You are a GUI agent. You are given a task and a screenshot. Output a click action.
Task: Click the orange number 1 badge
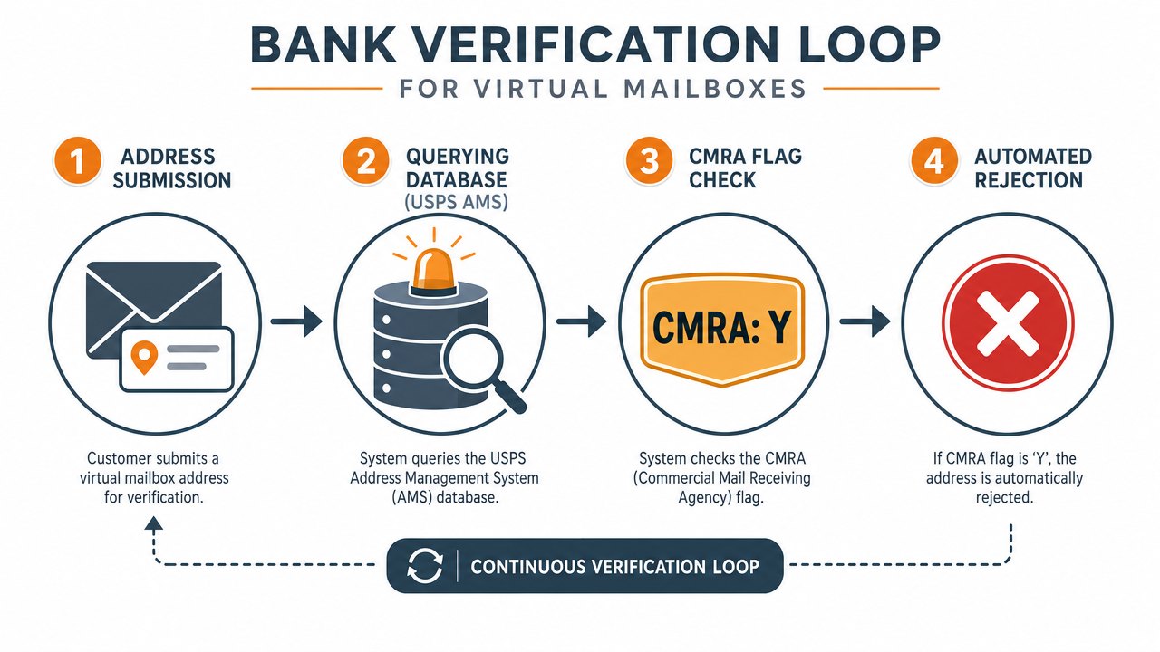coord(77,160)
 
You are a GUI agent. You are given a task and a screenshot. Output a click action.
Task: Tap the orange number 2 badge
coord(365,160)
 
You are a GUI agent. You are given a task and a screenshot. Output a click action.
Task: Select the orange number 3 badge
coord(650,160)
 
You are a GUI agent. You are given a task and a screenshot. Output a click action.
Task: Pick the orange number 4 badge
coord(934,160)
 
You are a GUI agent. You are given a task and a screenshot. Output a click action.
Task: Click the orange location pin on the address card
coord(144,357)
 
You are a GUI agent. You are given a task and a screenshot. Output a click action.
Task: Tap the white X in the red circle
coord(1008,323)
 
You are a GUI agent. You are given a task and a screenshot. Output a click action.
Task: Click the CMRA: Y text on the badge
coord(721,328)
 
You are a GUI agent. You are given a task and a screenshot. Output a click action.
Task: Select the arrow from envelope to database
coord(296,321)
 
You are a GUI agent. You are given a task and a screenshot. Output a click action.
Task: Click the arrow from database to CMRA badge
coord(581,321)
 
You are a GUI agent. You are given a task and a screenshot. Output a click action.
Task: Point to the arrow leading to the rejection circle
coord(865,321)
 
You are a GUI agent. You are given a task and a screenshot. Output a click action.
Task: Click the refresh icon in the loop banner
coord(425,566)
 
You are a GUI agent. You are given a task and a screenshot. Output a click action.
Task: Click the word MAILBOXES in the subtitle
coord(715,89)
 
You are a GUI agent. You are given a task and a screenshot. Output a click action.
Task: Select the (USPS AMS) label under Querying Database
coord(456,202)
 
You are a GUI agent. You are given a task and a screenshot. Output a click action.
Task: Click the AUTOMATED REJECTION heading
coord(1033,168)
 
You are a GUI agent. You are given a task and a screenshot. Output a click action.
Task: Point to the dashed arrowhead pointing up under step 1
coord(154,523)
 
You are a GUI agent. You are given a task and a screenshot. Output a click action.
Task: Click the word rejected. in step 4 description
coord(1005,497)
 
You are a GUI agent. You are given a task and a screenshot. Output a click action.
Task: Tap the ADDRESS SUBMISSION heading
coord(172,168)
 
